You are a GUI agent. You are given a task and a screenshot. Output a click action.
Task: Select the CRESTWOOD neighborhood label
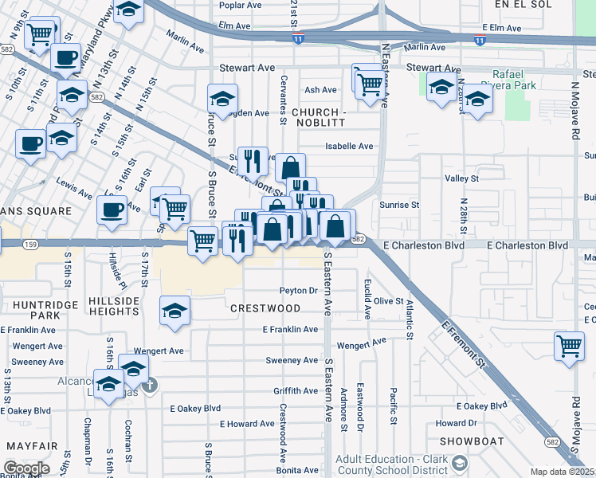(x=265, y=308)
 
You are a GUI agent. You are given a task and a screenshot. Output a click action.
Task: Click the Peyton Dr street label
(x=298, y=291)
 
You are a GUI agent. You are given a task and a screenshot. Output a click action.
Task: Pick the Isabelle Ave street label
(x=350, y=147)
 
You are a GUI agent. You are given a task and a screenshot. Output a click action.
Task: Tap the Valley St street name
(x=461, y=179)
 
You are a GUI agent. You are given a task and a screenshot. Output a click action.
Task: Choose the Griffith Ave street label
(x=296, y=391)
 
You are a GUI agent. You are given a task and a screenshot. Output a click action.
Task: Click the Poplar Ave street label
(x=241, y=4)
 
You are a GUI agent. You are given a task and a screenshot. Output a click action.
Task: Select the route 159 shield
(x=30, y=244)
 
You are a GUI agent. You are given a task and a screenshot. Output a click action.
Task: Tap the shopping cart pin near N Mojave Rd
(x=569, y=346)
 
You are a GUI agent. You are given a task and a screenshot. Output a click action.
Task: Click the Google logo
(x=26, y=468)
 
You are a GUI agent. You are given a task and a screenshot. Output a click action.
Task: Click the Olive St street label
(x=389, y=301)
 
